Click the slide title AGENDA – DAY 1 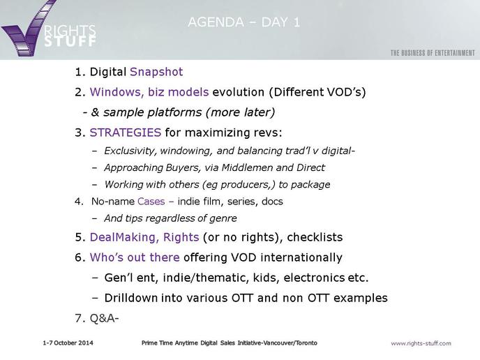tap(244, 22)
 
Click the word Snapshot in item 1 tap(156, 72)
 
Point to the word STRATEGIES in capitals tap(125, 133)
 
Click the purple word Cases tap(151, 202)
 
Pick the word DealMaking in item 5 tap(124, 237)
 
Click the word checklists tap(315, 237)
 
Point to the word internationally tap(301, 257)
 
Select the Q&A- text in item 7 tap(104, 318)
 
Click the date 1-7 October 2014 tap(68, 343)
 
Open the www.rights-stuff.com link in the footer tap(421, 343)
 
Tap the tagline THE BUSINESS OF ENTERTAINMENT tap(433, 53)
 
